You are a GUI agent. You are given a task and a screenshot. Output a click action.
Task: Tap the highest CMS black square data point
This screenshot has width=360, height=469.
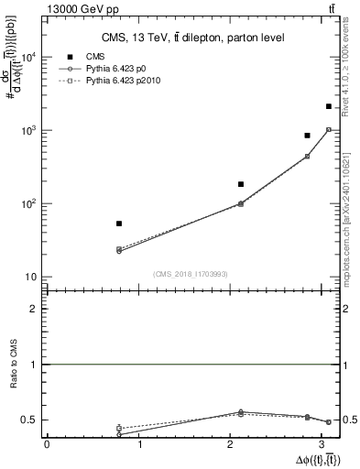coord(329,107)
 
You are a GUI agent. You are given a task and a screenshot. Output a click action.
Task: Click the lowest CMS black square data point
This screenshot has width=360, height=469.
coord(119,224)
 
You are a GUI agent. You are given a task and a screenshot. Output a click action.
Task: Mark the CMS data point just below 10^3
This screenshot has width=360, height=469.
coord(308,136)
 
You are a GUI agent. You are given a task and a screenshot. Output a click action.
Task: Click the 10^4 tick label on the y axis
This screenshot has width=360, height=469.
coord(28,57)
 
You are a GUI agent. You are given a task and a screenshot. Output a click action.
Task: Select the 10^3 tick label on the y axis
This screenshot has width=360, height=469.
coord(28,130)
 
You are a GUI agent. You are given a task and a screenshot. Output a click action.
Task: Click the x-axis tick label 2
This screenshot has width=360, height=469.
coord(234,444)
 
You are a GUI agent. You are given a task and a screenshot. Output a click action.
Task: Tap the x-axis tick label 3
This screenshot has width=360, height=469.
coord(327,444)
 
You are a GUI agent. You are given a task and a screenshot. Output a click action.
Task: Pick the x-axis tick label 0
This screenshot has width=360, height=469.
coord(47,444)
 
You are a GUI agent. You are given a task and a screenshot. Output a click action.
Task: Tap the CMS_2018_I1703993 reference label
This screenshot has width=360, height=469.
coord(190,274)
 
